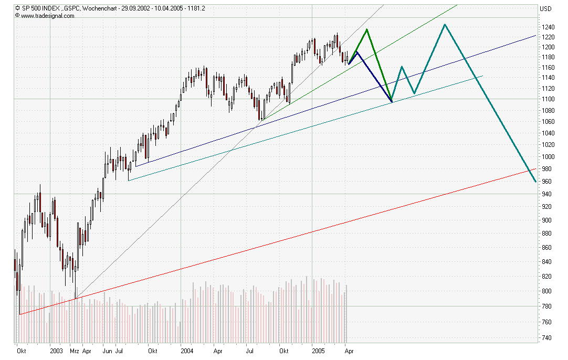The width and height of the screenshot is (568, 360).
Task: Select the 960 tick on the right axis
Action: point(547,182)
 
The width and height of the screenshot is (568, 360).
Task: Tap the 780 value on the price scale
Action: point(547,306)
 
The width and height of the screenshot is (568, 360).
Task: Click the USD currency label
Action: point(546,8)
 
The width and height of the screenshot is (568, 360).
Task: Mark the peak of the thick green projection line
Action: point(366,29)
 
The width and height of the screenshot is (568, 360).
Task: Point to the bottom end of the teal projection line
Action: point(535,182)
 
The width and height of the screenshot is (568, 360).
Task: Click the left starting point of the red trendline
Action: point(19,314)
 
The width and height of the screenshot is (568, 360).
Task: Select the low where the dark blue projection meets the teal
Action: point(392,102)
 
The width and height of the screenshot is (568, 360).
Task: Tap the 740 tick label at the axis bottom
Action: point(547,337)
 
